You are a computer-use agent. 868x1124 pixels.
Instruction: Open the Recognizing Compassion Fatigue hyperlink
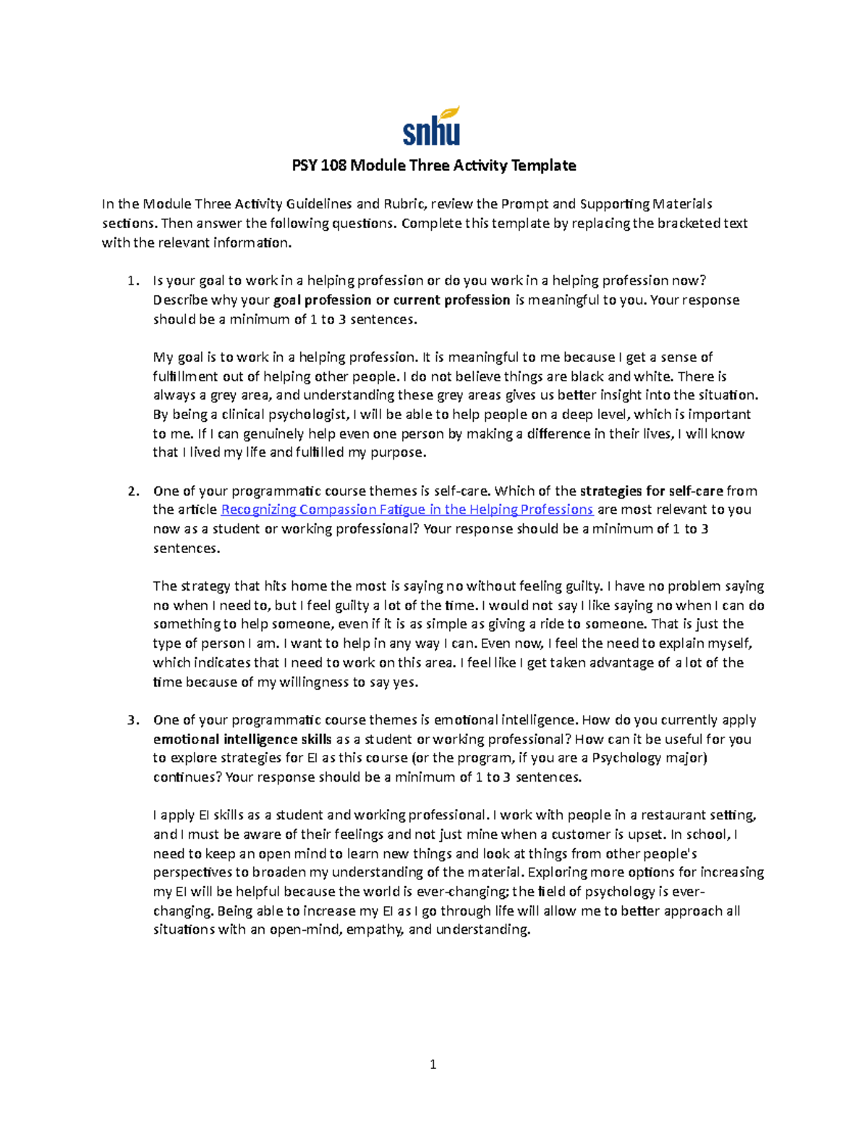(407, 510)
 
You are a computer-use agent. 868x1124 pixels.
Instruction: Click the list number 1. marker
(132, 281)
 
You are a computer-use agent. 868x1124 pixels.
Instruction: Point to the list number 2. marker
(132, 491)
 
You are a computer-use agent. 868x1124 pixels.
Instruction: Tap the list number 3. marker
(132, 720)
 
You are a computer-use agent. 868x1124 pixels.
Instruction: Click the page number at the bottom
(433, 1064)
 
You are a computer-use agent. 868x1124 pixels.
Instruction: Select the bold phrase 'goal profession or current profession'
(391, 300)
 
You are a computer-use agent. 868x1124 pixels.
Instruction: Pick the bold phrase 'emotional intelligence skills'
(242, 740)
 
